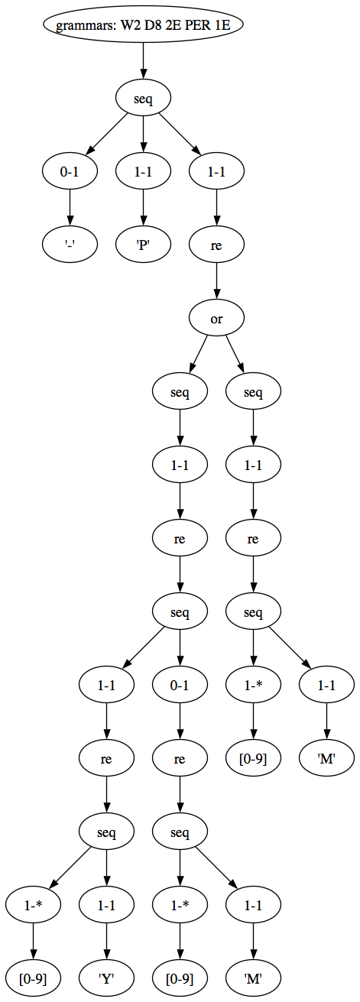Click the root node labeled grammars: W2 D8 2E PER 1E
143,24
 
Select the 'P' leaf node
143,245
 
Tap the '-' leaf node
70,245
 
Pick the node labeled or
216,319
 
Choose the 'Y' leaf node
106,978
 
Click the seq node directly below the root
143,99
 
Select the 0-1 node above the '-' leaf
70,171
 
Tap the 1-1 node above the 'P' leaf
143,171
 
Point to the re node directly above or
216,245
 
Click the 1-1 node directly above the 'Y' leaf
106,905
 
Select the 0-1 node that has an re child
180,685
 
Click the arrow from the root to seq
143,62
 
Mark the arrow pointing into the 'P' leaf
143,208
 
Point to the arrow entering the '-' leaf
70,208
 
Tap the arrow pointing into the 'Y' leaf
106,942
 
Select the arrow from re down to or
216,282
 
